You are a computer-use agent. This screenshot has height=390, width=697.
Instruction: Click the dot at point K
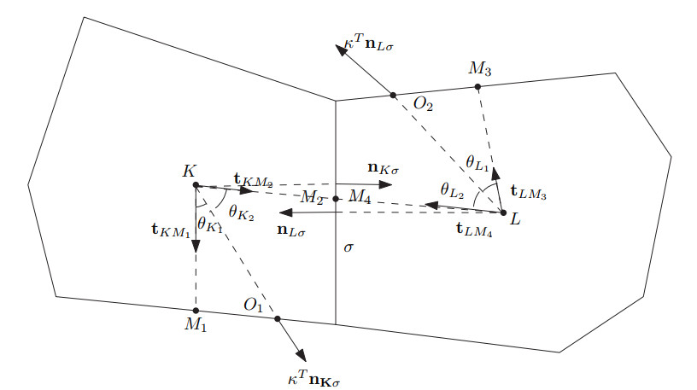tap(196, 185)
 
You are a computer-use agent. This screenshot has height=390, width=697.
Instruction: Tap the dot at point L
tap(503, 212)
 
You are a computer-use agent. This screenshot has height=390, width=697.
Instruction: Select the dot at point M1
tap(196, 310)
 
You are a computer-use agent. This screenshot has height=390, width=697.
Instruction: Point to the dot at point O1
tap(277, 318)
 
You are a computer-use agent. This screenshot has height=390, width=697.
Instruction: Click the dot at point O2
tap(394, 95)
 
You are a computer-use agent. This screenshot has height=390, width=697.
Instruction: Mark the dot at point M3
tap(477, 87)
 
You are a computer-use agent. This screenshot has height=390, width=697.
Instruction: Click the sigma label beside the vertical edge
tap(347, 247)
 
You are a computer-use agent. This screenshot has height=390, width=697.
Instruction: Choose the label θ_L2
tap(452, 189)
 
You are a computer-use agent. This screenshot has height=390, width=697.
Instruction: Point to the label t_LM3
tap(528, 194)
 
